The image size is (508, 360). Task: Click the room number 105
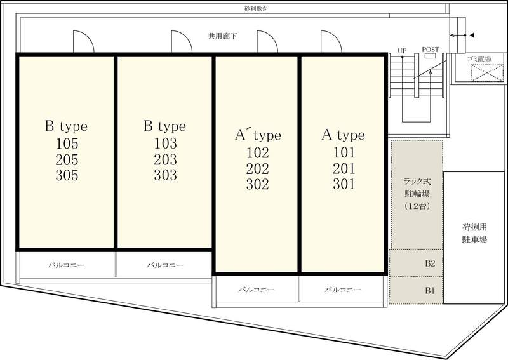coord(67,143)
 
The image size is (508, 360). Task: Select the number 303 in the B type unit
coord(165,175)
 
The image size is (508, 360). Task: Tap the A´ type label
coord(258,135)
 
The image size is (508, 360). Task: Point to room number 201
coord(344,168)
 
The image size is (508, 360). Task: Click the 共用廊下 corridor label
coord(222,36)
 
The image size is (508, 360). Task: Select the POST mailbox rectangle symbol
coord(431,55)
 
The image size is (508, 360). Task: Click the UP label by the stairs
coord(402,51)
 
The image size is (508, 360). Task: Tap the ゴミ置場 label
coord(479,58)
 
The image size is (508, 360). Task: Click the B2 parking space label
coord(430,263)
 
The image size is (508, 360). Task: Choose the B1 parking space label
coord(430,290)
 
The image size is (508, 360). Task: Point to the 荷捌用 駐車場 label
coord(474,233)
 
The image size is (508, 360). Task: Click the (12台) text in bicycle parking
coord(417,206)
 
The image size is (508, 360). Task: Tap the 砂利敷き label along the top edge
coord(256,9)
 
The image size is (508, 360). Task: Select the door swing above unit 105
coord(84,41)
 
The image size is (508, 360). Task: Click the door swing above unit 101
coord(331,41)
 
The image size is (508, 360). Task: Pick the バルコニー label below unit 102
coord(257,290)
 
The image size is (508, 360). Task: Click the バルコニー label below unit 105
coord(67,265)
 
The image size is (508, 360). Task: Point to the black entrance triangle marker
coord(472,35)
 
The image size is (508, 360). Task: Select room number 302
coord(258,184)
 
